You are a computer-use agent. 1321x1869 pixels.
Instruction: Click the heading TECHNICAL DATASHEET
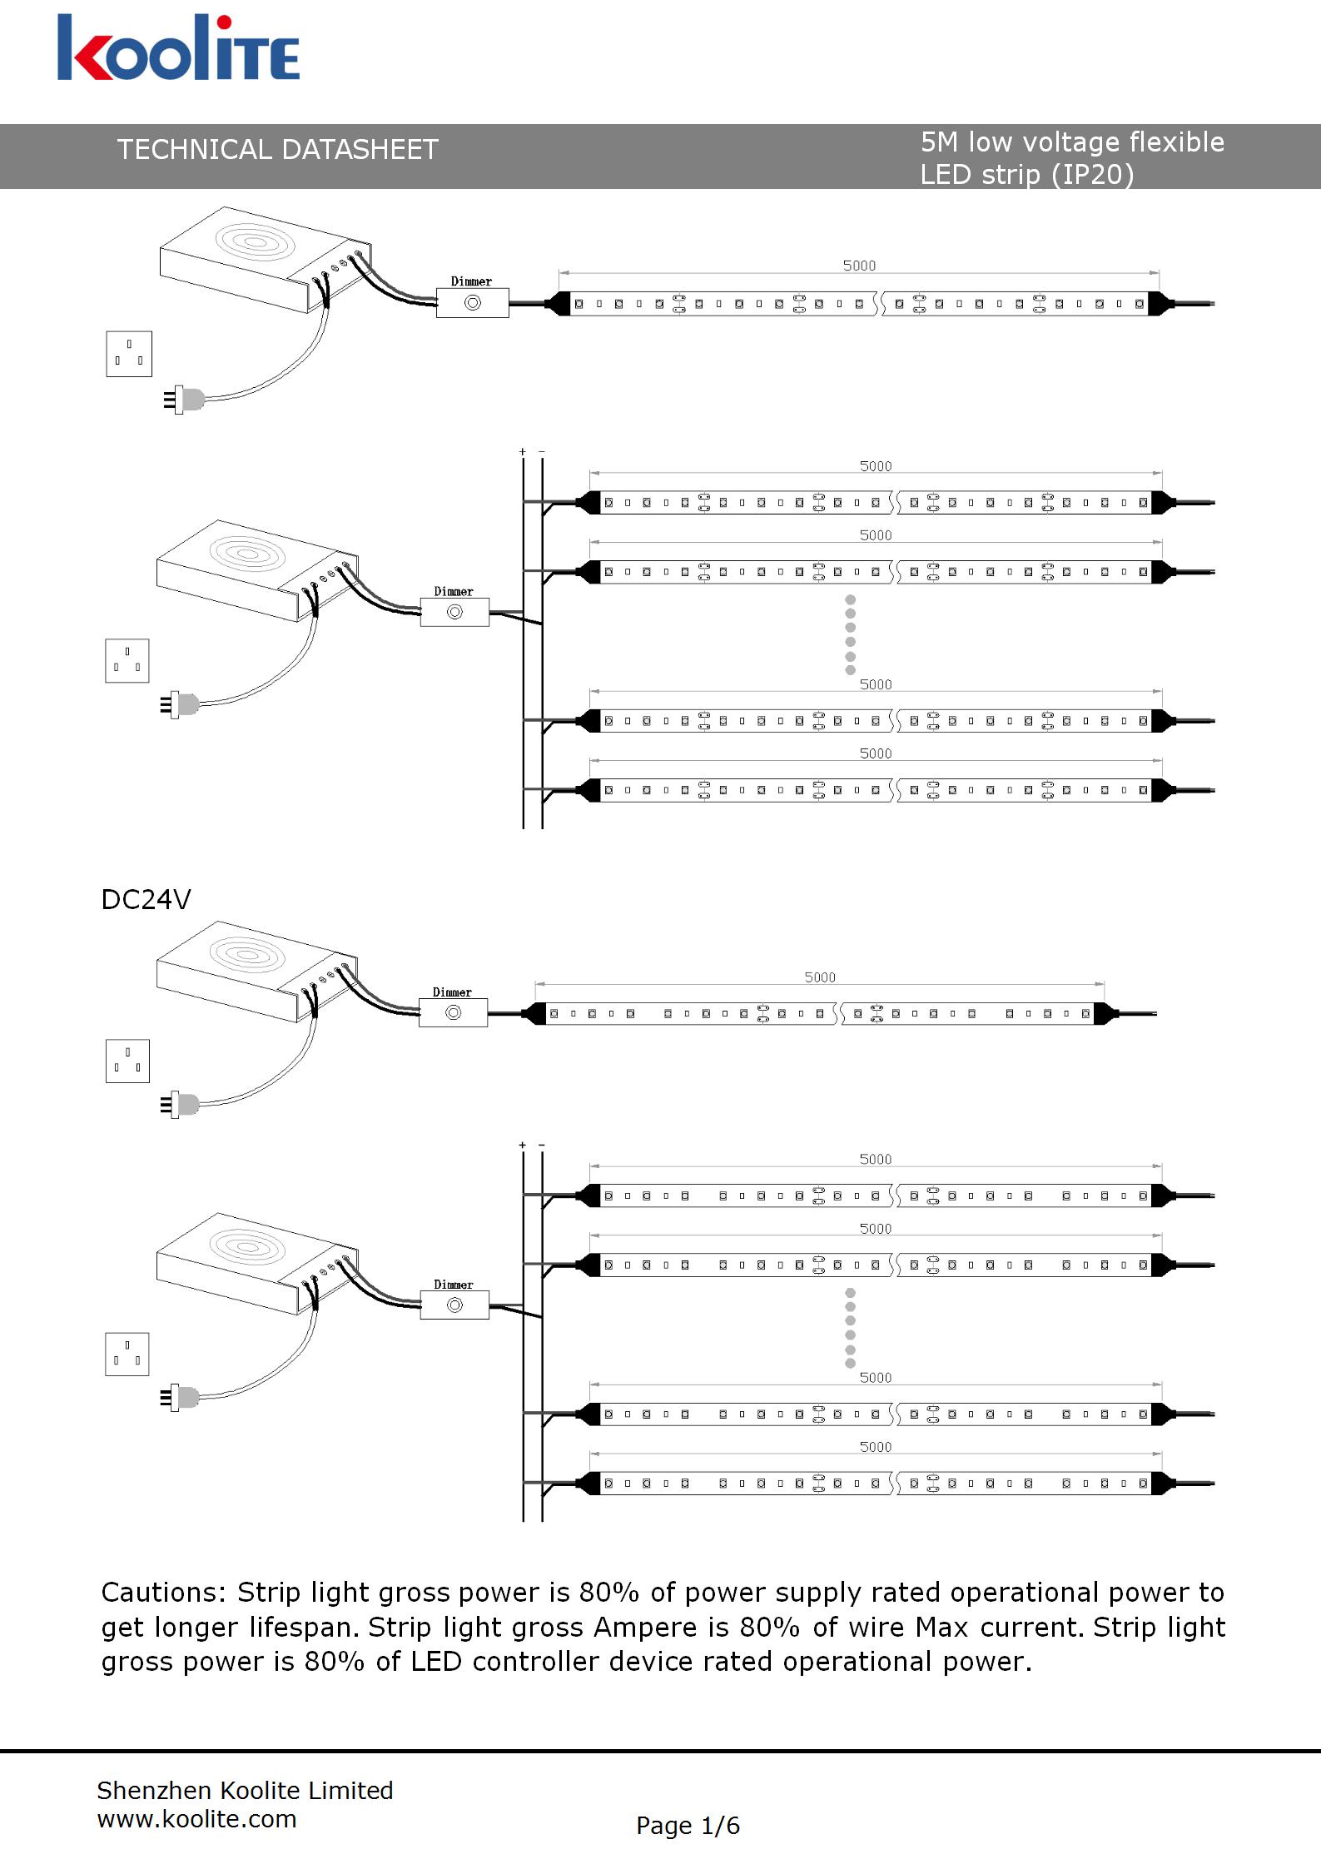click(277, 150)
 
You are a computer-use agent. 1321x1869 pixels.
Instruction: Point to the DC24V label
click(146, 900)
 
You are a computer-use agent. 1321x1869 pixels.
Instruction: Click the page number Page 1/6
click(688, 1826)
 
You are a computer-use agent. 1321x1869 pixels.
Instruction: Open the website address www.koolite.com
click(196, 1819)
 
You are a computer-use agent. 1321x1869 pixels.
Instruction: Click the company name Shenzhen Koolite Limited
click(245, 1790)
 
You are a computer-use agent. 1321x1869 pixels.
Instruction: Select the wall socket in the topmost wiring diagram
click(129, 354)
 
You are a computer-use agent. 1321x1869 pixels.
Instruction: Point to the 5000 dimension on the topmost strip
click(859, 266)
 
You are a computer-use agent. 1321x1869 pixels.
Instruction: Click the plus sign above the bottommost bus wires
click(523, 1146)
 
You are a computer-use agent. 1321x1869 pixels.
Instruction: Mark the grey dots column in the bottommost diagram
click(850, 1328)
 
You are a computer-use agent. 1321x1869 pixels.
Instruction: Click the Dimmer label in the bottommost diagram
click(454, 1285)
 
